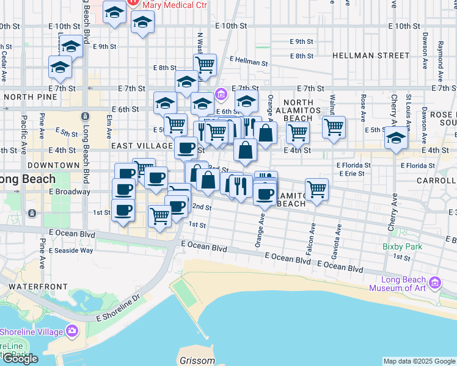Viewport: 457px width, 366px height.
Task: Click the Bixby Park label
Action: tap(403, 247)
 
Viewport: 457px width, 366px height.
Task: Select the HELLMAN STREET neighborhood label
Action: tap(362, 56)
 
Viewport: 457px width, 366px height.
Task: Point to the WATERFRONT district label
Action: tap(29, 286)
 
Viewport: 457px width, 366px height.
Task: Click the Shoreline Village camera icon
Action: tap(73, 331)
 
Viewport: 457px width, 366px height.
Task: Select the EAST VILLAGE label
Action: tap(142, 146)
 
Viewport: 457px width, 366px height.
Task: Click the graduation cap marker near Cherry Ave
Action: tap(397, 140)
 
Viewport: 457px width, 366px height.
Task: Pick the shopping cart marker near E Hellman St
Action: tap(205, 64)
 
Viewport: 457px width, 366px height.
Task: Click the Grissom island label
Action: tap(197, 360)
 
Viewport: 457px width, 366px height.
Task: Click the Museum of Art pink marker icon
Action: tap(434, 282)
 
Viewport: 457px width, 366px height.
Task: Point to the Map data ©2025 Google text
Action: tap(419, 361)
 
